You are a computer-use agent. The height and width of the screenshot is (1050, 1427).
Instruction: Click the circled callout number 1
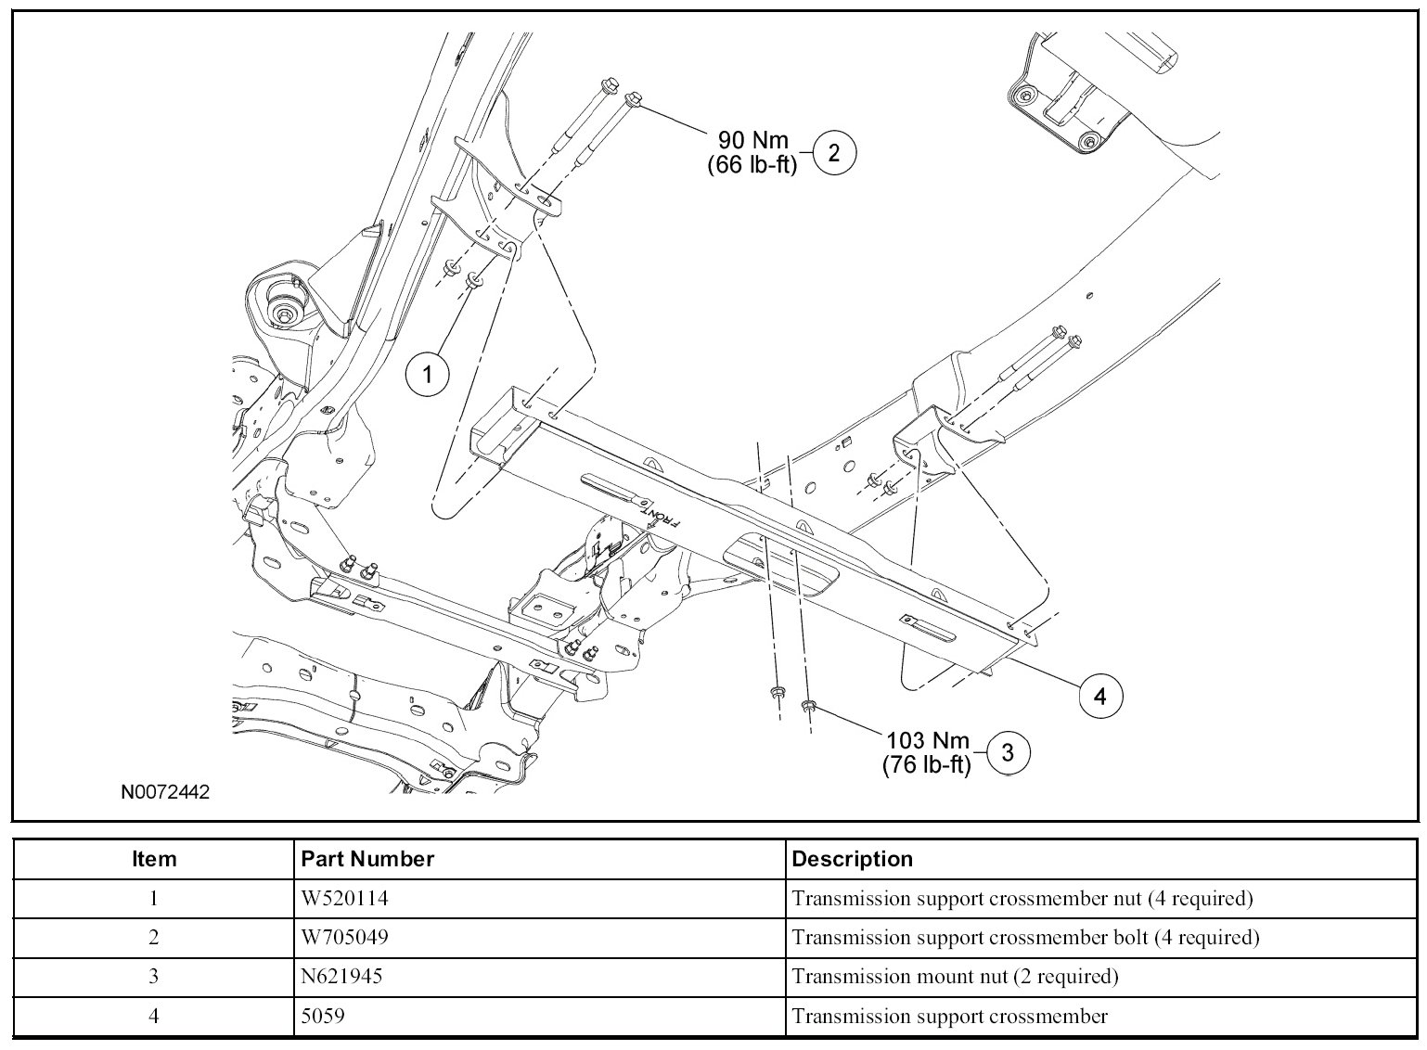428,374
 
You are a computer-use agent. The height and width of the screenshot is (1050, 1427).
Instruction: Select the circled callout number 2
834,153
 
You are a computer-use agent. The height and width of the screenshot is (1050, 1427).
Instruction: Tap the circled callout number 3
1008,752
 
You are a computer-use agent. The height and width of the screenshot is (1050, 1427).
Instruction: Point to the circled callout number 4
1100,697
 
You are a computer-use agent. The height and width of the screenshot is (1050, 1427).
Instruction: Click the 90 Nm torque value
753,139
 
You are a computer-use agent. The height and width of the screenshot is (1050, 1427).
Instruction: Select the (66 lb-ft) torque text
752,165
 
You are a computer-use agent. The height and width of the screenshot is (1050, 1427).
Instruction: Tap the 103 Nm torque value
928,740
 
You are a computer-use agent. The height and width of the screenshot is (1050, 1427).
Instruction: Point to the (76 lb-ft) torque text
927,764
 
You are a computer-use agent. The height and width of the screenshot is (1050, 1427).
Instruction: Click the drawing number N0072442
165,792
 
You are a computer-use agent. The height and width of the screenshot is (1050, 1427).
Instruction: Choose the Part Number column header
367,859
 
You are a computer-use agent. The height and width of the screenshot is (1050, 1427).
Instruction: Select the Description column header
853,859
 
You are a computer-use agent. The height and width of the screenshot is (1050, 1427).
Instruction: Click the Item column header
153,859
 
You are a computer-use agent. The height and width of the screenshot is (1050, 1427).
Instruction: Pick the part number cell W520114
344,899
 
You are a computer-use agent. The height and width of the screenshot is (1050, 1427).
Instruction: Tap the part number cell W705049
344,937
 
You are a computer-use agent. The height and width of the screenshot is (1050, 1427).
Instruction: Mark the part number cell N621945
341,976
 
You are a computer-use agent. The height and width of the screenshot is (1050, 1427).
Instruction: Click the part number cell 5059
323,1016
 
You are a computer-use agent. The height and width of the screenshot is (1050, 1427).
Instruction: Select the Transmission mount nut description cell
955,977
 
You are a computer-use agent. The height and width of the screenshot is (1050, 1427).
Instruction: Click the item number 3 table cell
153,976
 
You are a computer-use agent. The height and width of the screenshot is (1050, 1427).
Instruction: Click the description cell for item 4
950,1017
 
